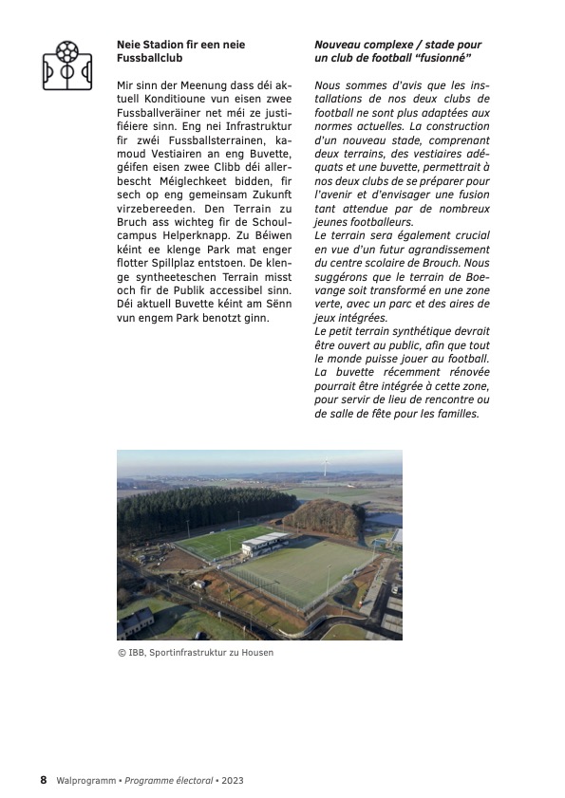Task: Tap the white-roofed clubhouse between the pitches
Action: tap(264, 544)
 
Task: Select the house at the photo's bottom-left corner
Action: tap(135, 622)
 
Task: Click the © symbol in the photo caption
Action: tap(121, 653)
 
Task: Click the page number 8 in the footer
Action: tap(43, 780)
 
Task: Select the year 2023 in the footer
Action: tap(234, 780)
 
